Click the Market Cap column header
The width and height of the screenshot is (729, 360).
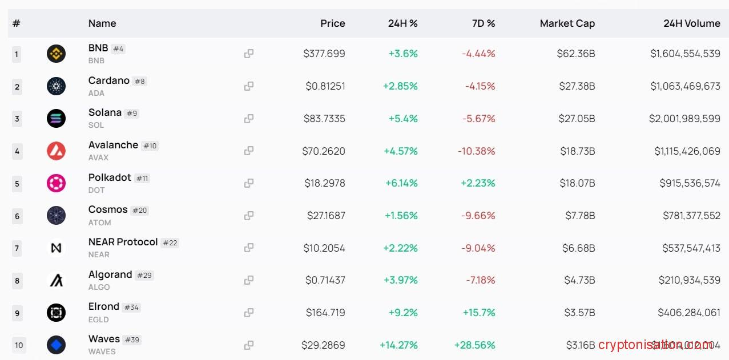567,23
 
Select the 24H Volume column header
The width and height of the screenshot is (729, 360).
691,23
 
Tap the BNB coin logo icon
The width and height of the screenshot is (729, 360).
56,54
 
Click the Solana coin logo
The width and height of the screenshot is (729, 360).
56,119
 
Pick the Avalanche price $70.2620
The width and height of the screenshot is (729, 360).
324,151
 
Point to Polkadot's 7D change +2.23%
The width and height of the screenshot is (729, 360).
474,183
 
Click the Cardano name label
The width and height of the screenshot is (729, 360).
108,80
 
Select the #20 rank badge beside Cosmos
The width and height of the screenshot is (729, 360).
139,211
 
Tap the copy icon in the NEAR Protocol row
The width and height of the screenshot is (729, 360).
249,248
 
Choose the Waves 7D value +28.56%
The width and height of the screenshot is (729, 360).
474,345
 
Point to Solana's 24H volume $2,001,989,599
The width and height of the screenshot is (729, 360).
684,119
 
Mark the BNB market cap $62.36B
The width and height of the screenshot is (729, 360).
576,54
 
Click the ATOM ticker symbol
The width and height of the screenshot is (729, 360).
99,223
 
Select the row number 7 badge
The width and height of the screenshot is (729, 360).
17,248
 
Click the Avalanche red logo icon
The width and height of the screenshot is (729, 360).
56,151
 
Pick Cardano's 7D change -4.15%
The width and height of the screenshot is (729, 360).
478,86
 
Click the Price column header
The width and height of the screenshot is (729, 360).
332,23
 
